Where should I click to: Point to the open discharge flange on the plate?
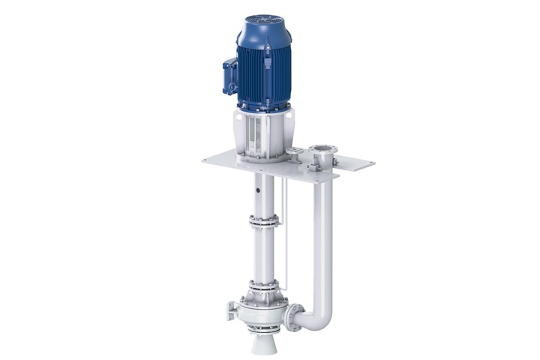pos(322,156)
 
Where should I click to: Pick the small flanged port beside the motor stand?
pos(295,155)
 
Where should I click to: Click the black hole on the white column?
pos(257,191)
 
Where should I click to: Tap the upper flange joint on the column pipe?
pos(265,220)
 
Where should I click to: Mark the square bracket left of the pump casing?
pos(231,310)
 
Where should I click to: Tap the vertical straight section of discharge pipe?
pos(325,240)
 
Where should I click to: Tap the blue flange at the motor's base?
pos(264,109)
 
